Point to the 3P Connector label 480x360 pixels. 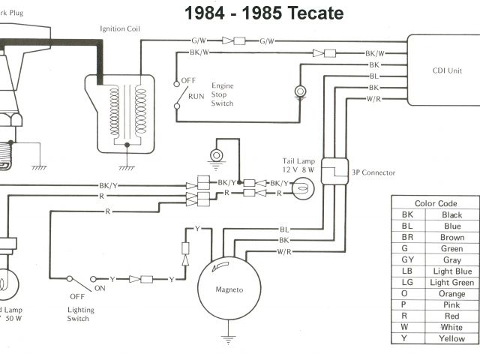pos(373,173)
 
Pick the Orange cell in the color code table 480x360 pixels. pos(451,294)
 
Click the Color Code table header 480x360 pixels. pos(436,203)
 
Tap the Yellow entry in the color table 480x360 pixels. pos(451,339)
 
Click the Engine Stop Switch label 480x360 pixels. pos(223,94)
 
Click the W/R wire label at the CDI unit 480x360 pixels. pos(373,99)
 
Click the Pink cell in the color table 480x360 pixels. pos(451,305)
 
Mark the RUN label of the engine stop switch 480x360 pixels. pos(196,97)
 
